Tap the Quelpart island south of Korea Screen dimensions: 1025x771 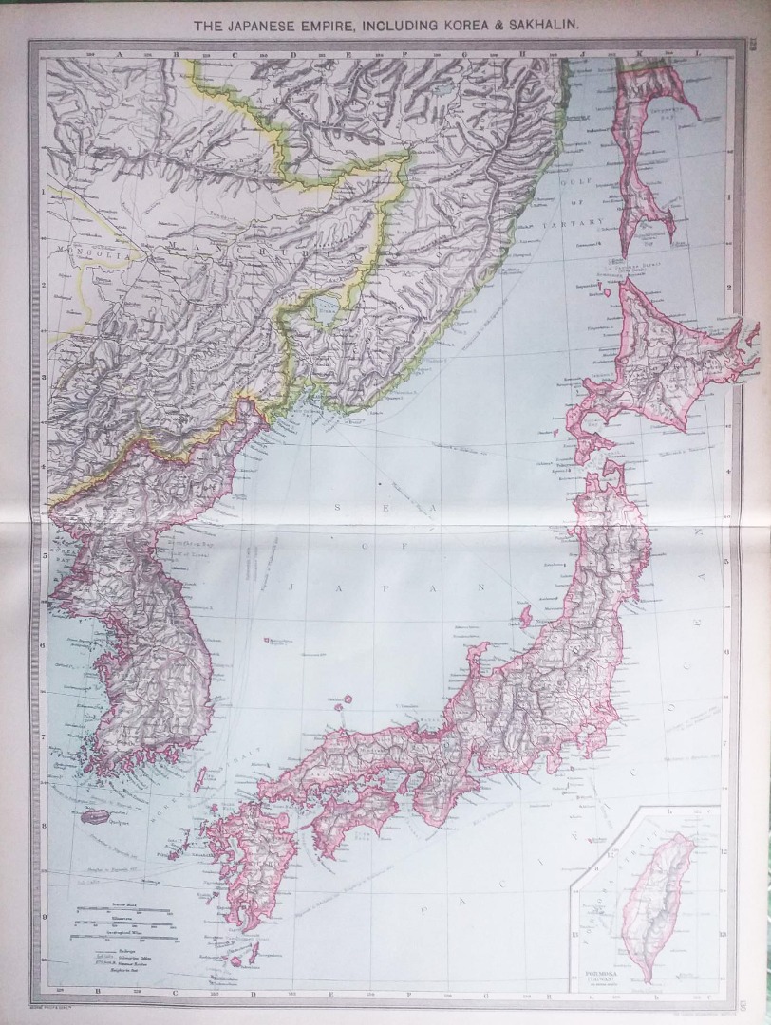coord(95,816)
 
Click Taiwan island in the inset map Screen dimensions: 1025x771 coord(661,902)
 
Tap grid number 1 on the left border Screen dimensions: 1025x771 coord(42,191)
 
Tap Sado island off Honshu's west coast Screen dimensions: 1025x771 coord(525,617)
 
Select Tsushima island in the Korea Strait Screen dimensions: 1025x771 coord(200,780)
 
